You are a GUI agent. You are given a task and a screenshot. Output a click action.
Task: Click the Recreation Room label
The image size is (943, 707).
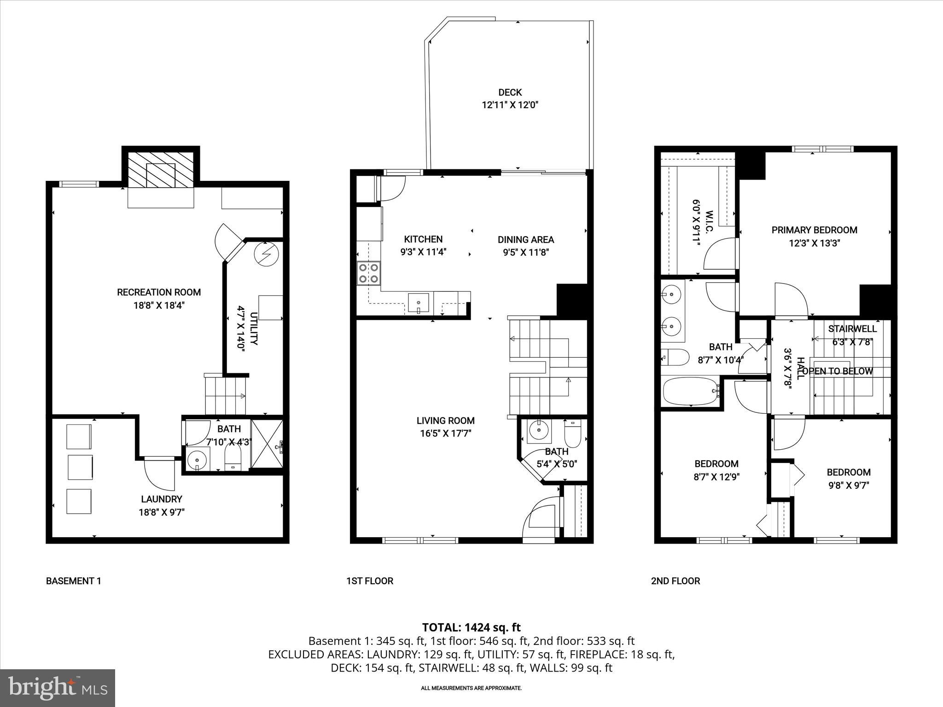click(x=159, y=292)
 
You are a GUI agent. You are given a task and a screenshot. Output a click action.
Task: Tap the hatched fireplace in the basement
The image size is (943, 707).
click(x=161, y=169)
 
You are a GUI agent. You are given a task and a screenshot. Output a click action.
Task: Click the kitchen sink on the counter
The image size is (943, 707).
click(x=419, y=303)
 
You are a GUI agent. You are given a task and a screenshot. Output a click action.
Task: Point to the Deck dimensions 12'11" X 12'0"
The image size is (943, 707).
click(x=510, y=105)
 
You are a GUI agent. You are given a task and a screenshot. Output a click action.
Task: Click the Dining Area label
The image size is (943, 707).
click(x=525, y=240)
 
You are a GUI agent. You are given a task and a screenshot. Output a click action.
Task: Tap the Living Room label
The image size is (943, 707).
click(x=445, y=420)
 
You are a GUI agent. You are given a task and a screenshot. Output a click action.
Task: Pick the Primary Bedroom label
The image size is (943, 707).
click(x=814, y=230)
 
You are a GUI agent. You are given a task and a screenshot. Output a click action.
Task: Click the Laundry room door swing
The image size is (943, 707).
click(x=159, y=474)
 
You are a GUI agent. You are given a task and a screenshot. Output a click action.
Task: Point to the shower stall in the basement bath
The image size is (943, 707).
click(x=267, y=444)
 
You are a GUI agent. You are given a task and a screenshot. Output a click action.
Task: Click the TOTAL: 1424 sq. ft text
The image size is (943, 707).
click(x=471, y=627)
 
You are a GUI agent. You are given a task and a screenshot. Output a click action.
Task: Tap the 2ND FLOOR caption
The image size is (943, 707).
click(x=675, y=581)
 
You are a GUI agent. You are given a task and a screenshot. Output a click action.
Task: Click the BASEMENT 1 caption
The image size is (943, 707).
click(x=73, y=581)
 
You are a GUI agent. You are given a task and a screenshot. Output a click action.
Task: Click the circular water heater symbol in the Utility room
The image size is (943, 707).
click(x=268, y=255)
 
